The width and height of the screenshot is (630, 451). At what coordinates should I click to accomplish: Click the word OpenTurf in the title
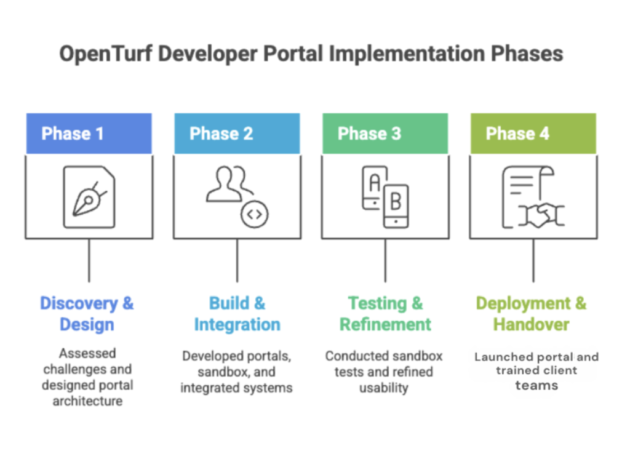point(105,54)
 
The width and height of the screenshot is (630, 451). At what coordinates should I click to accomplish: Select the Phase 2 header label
point(221,134)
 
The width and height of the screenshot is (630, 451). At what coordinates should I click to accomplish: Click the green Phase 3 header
point(369,134)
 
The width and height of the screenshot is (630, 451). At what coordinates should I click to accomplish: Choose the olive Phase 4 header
point(517,134)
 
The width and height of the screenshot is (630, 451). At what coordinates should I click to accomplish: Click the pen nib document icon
point(89,196)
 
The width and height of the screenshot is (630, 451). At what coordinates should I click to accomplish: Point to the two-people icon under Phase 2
point(228,185)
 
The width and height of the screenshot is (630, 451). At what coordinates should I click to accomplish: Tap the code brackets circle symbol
point(254,215)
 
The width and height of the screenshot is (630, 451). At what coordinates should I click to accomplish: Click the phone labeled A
point(374,186)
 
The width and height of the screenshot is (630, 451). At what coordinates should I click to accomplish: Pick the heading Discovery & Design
point(87,314)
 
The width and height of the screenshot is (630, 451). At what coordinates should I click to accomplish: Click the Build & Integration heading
point(237,314)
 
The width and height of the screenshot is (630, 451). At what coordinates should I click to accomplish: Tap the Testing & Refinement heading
point(386,314)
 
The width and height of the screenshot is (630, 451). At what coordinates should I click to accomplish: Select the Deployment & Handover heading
point(531,314)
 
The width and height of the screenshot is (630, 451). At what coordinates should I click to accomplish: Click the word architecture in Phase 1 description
point(87,401)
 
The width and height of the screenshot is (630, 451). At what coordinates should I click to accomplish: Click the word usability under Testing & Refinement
point(384,388)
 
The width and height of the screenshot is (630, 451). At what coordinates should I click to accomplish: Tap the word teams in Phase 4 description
point(536,386)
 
